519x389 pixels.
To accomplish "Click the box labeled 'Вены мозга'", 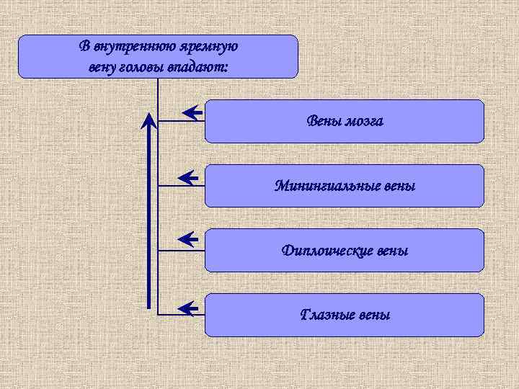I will click(x=345, y=121).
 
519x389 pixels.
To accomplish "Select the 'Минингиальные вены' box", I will click(x=345, y=186).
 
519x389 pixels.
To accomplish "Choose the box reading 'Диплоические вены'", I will click(x=345, y=251).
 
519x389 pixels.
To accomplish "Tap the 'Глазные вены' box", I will click(x=345, y=315).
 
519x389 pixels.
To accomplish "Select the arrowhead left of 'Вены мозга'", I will click(x=191, y=112).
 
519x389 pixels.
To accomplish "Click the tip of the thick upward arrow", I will click(x=149, y=116).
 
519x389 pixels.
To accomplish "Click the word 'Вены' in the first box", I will click(x=322, y=121).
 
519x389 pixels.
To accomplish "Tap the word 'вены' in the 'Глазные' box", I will click(x=376, y=315).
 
